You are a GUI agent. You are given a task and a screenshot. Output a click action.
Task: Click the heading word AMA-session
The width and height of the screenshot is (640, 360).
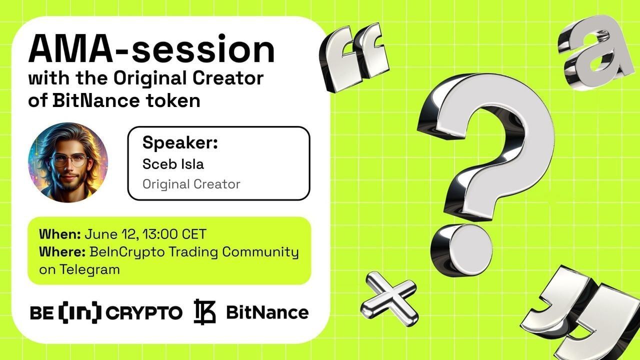pos(151,50)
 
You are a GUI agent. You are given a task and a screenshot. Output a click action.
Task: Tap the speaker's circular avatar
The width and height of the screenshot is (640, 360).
pos(68,162)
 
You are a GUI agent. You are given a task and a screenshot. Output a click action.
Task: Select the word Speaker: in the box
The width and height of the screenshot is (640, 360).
pos(180,142)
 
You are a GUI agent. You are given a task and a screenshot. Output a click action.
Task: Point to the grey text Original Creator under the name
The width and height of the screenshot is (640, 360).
pos(191,184)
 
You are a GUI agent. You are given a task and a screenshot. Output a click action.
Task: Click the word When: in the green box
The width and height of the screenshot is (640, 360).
pos(60,234)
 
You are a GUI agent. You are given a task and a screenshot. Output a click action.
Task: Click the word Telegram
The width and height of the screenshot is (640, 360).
pos(90,269)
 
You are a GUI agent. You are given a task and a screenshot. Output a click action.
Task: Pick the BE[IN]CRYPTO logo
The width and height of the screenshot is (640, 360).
pos(106,313)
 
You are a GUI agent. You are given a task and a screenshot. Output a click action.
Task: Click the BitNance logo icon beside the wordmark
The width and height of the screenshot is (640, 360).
pos(204,312)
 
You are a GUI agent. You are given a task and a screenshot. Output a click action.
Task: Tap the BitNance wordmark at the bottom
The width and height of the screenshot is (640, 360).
pos(267,312)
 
